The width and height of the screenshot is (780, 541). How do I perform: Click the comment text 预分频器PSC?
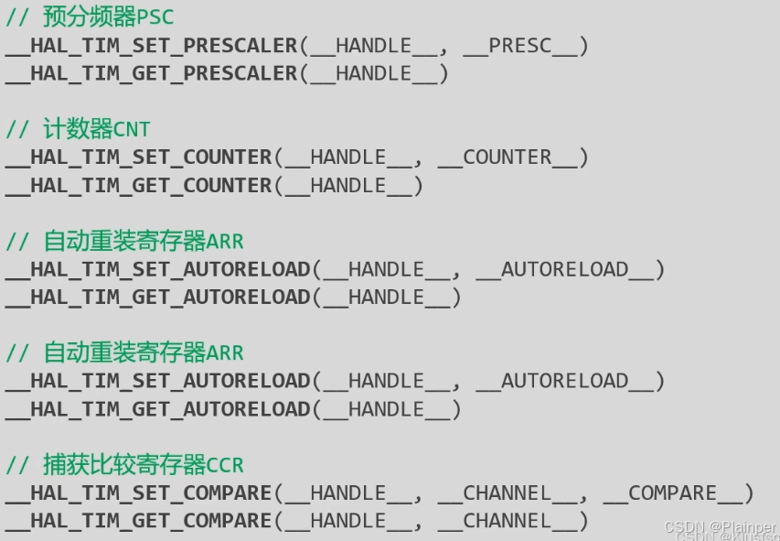(108, 16)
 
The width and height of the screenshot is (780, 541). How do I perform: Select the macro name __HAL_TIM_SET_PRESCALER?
(152, 45)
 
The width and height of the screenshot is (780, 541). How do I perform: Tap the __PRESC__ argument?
(519, 45)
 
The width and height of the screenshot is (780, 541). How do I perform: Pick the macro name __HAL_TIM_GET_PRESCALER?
(152, 73)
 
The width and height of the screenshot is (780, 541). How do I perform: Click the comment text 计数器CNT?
(96, 129)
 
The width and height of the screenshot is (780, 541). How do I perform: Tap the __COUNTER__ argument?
(507, 157)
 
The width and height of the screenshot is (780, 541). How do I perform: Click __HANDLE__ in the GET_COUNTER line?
(349, 186)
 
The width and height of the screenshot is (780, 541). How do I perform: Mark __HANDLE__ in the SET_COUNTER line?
(349, 157)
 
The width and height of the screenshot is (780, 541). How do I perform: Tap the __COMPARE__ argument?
(672, 493)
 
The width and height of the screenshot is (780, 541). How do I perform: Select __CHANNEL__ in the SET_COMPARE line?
(507, 493)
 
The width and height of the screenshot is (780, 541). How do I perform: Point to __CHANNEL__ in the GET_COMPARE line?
(507, 522)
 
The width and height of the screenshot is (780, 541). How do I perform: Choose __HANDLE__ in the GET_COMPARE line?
(349, 522)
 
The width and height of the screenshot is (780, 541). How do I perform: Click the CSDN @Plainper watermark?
(720, 527)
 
